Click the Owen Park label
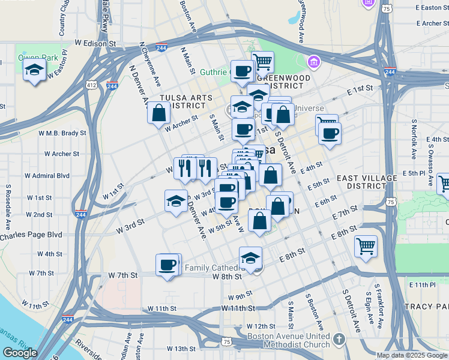[29, 58]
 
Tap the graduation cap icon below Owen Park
[35, 70]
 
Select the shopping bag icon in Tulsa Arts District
[159, 113]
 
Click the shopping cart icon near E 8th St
[366, 245]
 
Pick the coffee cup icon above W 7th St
[167, 264]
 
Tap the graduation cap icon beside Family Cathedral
[251, 258]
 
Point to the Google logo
[20, 353]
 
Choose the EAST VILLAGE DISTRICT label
[367, 182]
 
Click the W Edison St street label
[95, 44]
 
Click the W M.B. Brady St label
[62, 133]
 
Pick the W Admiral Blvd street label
[47, 176]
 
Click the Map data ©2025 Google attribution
[412, 355]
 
